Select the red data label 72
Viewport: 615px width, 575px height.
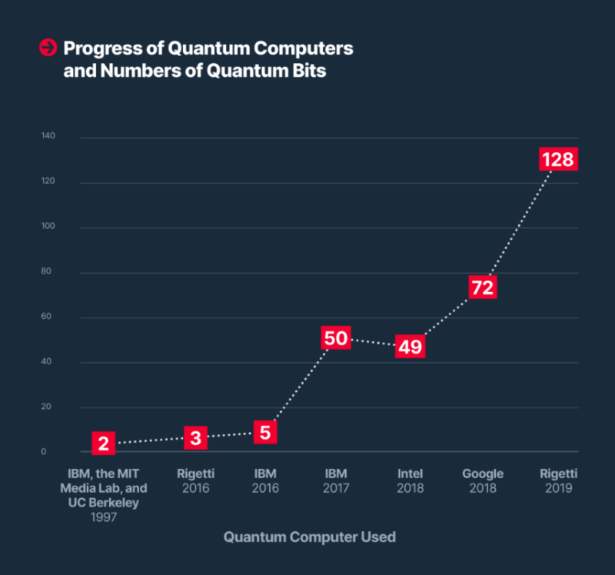[x=482, y=287]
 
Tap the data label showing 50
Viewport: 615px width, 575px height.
[x=336, y=337]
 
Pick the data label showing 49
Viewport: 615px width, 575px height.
[x=410, y=346]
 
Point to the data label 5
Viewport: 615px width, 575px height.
[x=264, y=432]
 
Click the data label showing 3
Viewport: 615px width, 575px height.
[x=195, y=438]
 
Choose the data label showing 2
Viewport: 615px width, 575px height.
[x=104, y=444]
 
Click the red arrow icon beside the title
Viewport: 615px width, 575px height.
[x=48, y=48]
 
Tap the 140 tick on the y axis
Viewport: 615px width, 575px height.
[x=48, y=137]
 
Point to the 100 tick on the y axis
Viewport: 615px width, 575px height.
[x=48, y=227]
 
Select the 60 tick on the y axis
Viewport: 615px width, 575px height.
[x=48, y=317]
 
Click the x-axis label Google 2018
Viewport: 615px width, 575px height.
[x=483, y=480]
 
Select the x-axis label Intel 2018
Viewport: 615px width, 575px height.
[x=410, y=480]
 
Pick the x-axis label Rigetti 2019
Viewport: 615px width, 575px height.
[x=558, y=480]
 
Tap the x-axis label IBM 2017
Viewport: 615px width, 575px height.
[x=336, y=480]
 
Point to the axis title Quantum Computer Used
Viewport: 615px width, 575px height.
[x=309, y=537]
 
